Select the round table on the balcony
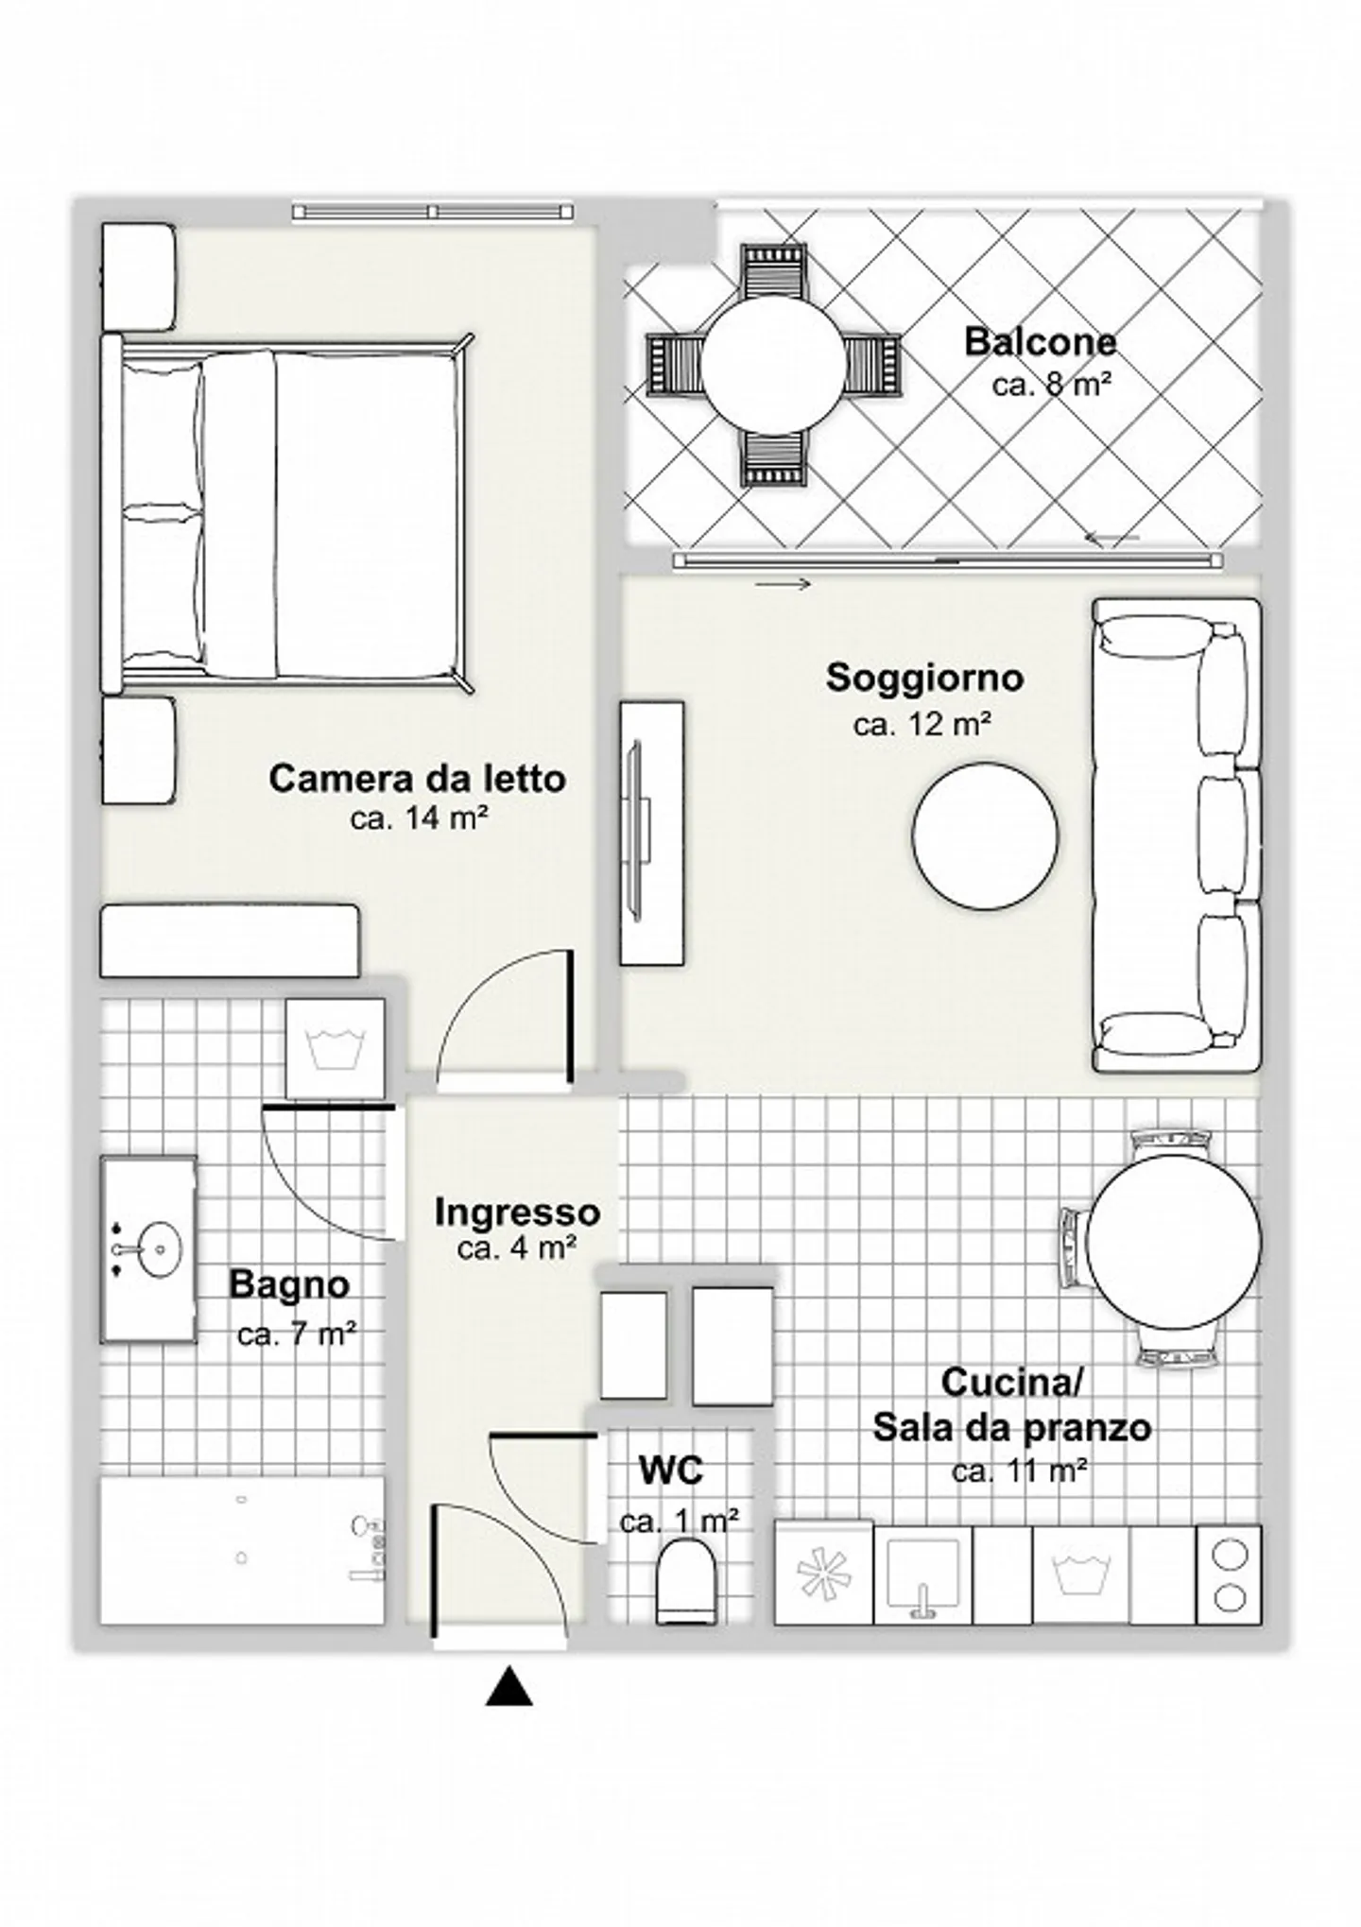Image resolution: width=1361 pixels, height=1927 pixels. coord(772,364)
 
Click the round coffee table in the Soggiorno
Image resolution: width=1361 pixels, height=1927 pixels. coord(985,836)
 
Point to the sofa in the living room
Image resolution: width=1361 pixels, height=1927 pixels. coord(1177,834)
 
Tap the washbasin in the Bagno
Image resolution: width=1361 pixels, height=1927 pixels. coord(148,1248)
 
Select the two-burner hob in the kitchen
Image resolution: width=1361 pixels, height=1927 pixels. coord(1229,1574)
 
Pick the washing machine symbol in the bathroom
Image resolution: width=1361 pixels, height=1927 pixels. coord(336,1049)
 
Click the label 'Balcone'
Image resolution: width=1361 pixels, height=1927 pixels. coord(1040,342)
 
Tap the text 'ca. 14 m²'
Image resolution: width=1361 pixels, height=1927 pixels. coord(419,818)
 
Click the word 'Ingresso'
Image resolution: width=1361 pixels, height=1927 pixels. coord(517,1212)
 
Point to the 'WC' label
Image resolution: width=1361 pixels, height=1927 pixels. coord(671,1471)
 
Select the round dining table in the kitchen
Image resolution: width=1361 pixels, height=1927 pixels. coord(1173,1241)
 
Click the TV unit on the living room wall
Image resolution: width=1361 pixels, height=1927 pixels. coord(651,833)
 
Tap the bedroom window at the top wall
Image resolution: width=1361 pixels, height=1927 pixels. coord(433,211)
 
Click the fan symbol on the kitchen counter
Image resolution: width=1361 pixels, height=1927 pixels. coord(824,1575)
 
